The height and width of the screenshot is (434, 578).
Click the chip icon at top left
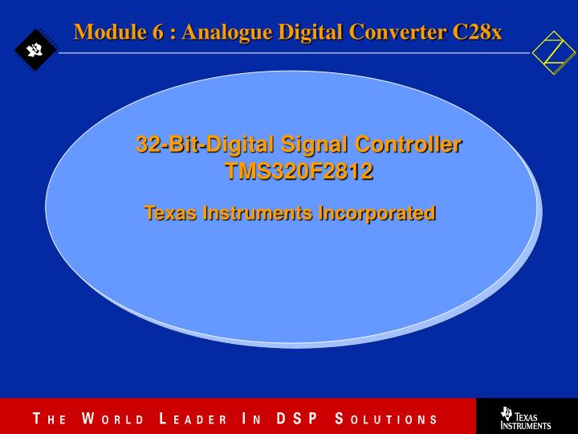(35, 51)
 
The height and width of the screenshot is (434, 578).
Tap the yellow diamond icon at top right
(554, 52)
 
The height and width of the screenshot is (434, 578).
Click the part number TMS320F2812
(299, 172)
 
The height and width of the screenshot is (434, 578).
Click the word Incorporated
(377, 213)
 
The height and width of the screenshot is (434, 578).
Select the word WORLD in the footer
(112, 419)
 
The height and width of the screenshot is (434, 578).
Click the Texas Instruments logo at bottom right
(526, 417)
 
